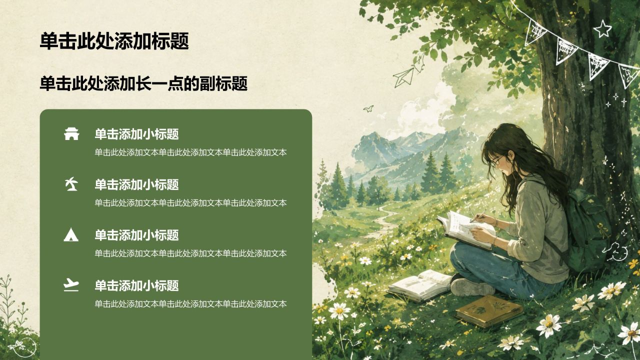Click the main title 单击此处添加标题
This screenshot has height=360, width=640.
click(x=114, y=41)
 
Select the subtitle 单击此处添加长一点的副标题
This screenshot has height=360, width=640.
click(x=143, y=83)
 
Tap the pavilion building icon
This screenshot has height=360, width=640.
click(x=71, y=133)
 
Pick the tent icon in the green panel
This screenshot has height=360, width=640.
click(x=71, y=234)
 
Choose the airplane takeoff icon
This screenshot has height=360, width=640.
click(x=71, y=285)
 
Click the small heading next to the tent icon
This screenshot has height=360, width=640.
click(x=137, y=235)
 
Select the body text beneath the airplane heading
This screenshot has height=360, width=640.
click(x=190, y=303)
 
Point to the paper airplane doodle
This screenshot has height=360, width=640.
click(x=403, y=76)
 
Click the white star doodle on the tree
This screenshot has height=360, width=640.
click(x=602, y=28)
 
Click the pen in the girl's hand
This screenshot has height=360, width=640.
click(x=478, y=216)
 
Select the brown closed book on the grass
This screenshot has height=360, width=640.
click(x=489, y=311)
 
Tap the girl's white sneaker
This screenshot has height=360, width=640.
click(x=472, y=287)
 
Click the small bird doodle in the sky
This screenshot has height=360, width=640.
click(x=368, y=108)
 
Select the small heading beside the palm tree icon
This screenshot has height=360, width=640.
click(x=137, y=184)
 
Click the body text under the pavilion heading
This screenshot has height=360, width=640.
click(x=190, y=152)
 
